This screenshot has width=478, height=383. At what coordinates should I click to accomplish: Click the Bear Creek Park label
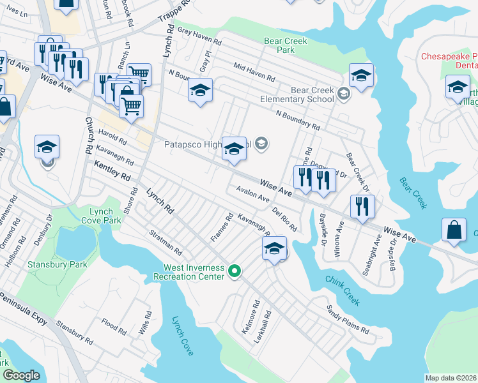[x=286, y=46]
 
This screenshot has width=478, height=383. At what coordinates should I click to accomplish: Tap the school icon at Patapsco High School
[x=234, y=151]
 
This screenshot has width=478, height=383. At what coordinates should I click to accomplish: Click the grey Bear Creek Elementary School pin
[x=344, y=94]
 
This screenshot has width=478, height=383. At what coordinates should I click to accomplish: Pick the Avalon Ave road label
[x=252, y=194]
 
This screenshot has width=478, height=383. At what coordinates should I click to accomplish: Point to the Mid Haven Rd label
[x=254, y=72]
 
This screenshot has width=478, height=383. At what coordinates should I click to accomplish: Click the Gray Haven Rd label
[x=199, y=37]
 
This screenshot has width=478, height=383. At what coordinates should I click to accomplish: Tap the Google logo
[x=21, y=375]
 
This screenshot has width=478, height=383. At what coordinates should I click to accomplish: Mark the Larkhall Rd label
[x=261, y=327]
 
